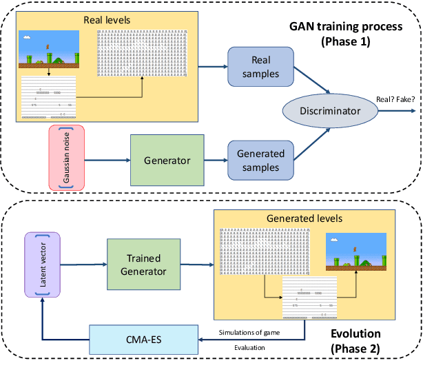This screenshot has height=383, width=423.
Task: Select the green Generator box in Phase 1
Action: point(167,159)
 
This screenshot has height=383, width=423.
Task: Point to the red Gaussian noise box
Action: point(65,157)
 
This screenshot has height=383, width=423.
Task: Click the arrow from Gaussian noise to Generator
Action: point(107,161)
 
